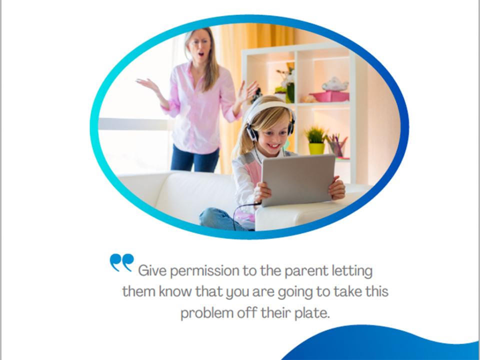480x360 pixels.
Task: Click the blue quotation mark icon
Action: pos(122,262)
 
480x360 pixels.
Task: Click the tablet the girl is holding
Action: pos(297,180)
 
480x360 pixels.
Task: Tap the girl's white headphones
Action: pos(269,119)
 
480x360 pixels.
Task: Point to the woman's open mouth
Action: pos(201,54)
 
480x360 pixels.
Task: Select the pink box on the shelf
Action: pos(329,96)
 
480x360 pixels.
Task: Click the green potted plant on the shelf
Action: pos(316,141)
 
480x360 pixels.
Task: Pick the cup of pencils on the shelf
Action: pos(337,146)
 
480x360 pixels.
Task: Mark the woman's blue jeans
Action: pos(194,158)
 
